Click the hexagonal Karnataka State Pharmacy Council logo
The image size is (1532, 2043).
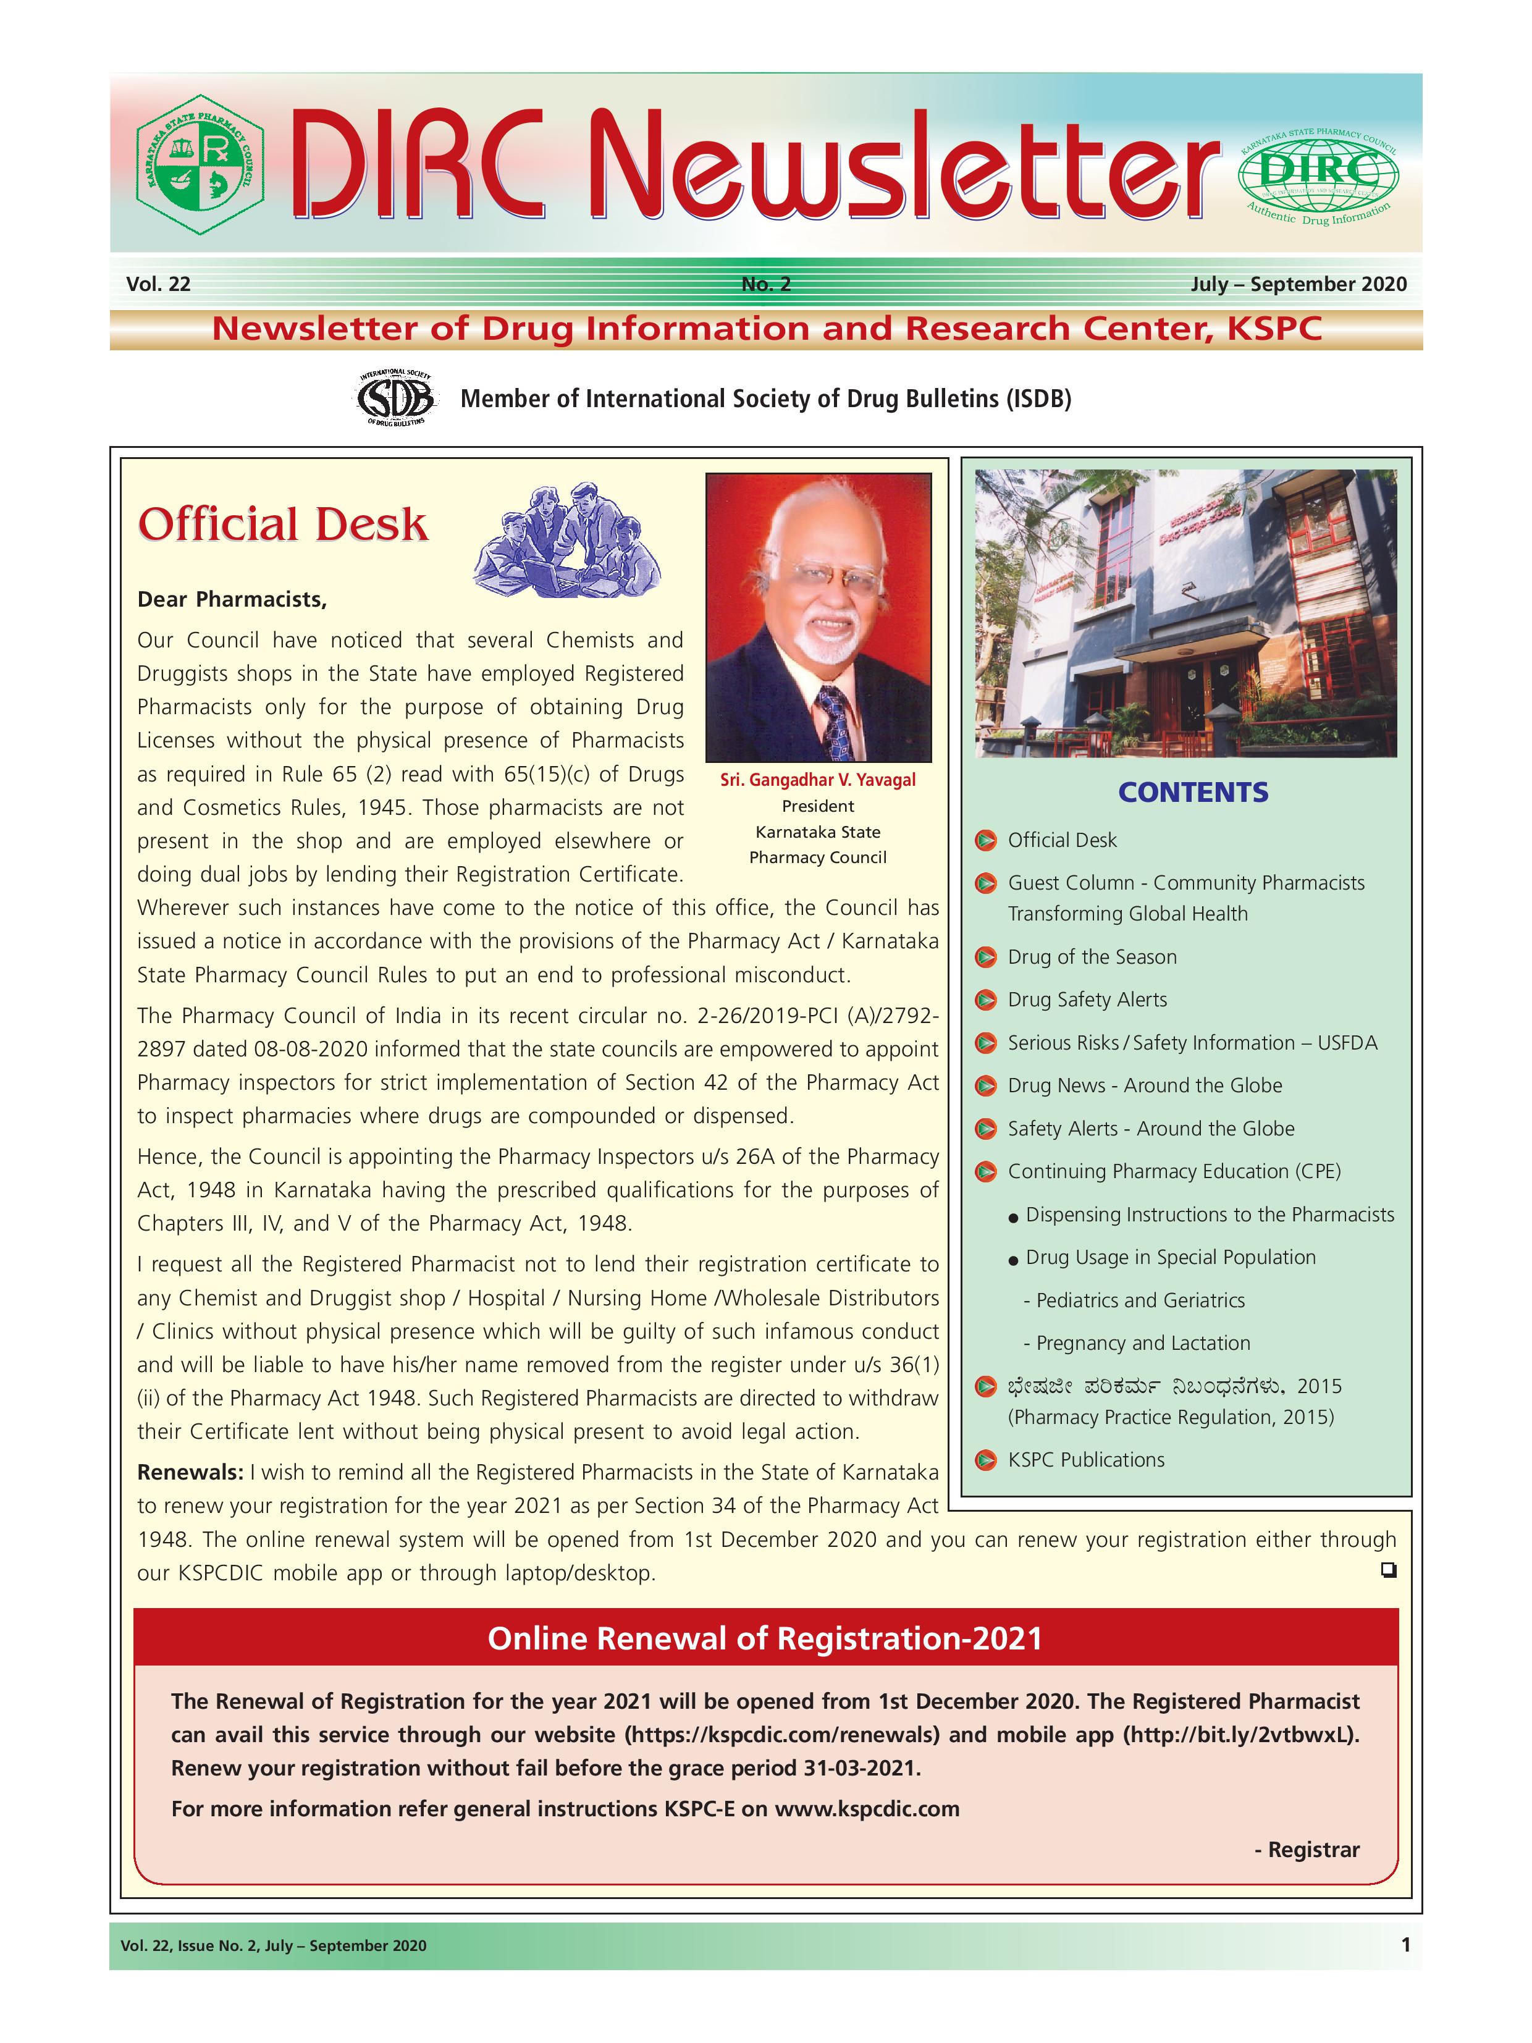coord(200,164)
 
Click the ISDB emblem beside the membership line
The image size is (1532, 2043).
coord(395,398)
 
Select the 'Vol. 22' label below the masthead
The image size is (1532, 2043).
coord(158,284)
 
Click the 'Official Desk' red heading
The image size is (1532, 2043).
coord(282,524)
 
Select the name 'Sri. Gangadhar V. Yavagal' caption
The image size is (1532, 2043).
coord(817,780)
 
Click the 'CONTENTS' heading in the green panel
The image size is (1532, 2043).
coord(1192,793)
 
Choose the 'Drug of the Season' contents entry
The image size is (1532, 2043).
coord(1092,957)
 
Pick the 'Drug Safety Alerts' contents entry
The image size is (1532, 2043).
coord(1087,1000)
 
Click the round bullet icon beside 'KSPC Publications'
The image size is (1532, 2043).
coord(987,1460)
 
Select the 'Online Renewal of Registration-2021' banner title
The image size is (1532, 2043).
coord(765,1638)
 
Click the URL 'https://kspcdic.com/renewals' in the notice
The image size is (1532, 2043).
coord(783,1735)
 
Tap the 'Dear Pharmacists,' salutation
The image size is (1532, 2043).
coord(232,599)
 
